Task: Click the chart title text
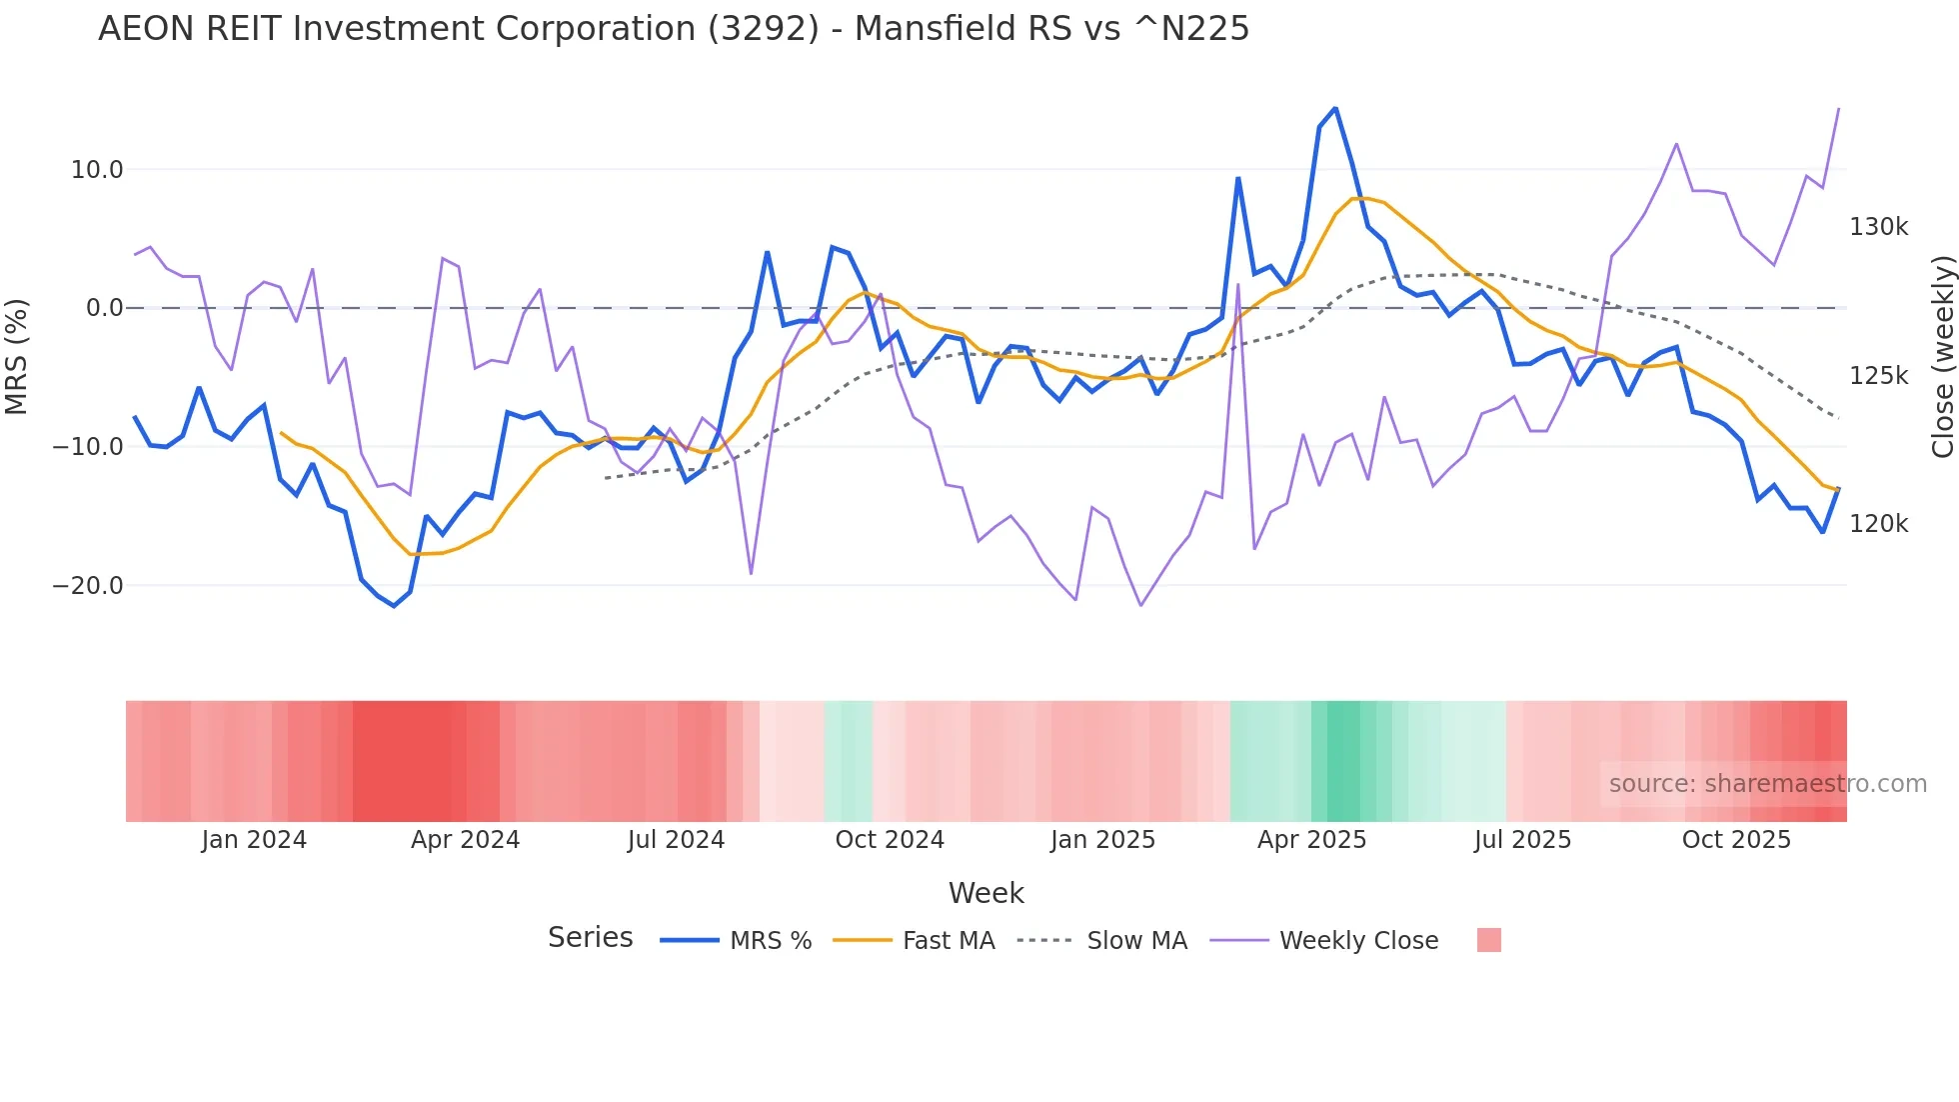click(673, 29)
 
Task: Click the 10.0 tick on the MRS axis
click(96, 170)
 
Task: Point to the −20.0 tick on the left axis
click(88, 586)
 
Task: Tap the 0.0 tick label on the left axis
click(104, 308)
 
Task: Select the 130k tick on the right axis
click(1878, 227)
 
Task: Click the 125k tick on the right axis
click(1878, 376)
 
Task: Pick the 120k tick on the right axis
click(1878, 524)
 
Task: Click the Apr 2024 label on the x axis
click(465, 840)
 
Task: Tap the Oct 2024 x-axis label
click(890, 840)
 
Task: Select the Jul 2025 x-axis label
click(1522, 840)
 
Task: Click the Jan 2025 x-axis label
click(1102, 840)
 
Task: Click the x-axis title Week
click(985, 893)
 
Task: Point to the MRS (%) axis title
click(17, 356)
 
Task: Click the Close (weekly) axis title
click(1942, 356)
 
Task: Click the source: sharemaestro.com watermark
click(1767, 784)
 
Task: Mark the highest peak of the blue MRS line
click(1335, 108)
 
